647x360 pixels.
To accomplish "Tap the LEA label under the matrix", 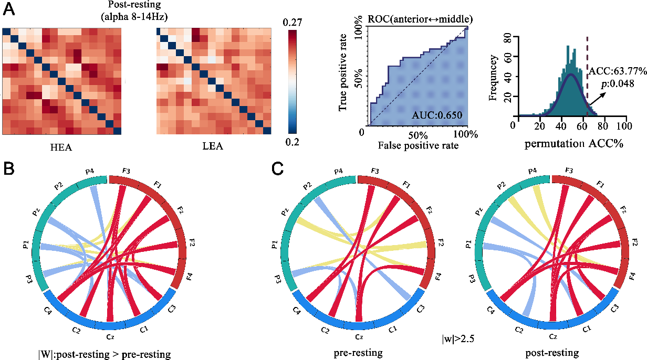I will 213,146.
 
